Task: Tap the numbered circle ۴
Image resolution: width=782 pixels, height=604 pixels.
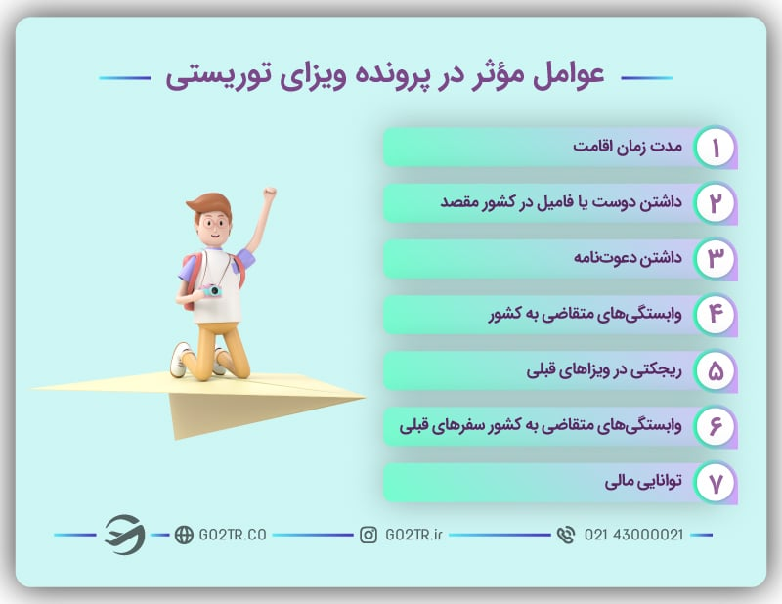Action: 715,315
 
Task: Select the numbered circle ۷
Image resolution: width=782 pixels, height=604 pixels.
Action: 715,483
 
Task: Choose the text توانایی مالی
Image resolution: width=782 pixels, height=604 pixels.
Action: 641,483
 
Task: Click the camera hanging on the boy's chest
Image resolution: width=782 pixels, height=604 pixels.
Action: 213,290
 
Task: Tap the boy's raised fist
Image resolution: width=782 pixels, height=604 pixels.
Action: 269,194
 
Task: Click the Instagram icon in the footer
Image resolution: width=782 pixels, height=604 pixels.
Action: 369,535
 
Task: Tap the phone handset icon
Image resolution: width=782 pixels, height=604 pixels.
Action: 565,535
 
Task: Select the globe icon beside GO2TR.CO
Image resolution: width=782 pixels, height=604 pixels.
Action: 183,535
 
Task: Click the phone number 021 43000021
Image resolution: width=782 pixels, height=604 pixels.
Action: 633,535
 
